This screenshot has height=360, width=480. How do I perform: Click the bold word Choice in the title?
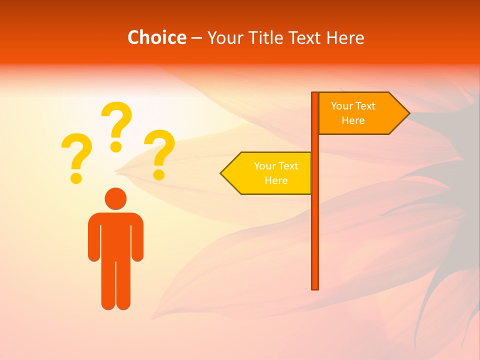click(156, 37)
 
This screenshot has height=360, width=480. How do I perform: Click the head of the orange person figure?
click(115, 198)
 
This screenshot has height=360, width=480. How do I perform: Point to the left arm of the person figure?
click(93, 240)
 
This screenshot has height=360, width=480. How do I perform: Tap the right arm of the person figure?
click(137, 240)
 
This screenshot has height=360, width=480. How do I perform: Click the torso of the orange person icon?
click(115, 235)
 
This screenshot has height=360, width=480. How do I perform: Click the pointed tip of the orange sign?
click(408, 113)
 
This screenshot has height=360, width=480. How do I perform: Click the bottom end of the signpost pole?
click(315, 287)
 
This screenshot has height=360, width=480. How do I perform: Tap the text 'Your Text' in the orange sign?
click(353, 106)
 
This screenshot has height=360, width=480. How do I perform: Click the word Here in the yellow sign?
click(276, 180)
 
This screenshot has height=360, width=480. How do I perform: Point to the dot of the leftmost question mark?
click(76, 177)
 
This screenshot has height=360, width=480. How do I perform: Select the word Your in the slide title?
click(223, 37)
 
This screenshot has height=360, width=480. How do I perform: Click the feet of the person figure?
click(115, 302)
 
